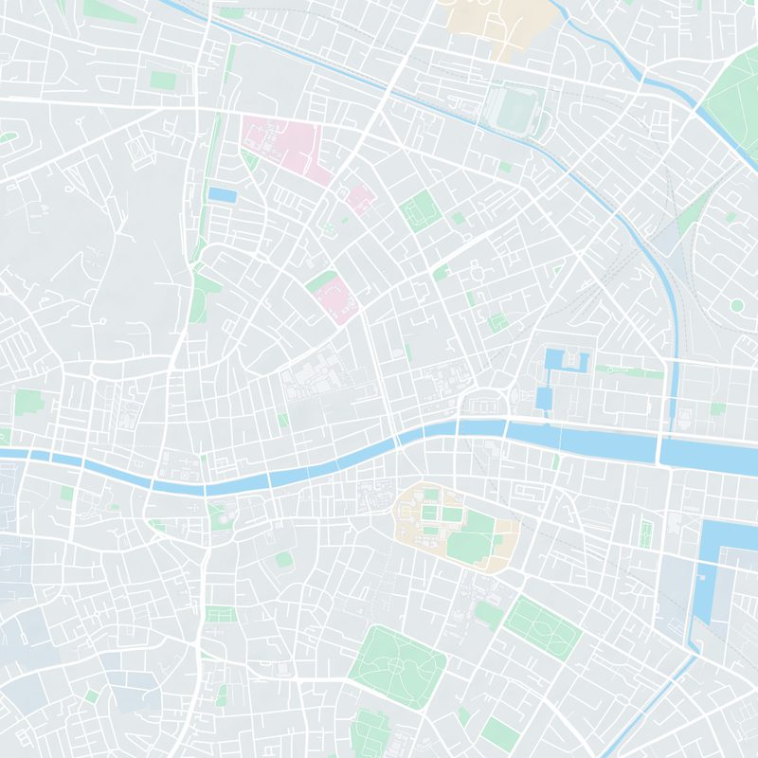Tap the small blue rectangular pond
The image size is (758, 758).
[222, 195]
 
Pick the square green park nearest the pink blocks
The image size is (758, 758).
[418, 210]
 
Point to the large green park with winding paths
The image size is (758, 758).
[396, 667]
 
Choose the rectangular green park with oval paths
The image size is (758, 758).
[542, 625]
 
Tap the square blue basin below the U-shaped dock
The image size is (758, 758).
[544, 397]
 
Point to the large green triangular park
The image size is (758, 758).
[735, 104]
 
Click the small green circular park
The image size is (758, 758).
[736, 305]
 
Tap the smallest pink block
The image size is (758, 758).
[360, 199]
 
